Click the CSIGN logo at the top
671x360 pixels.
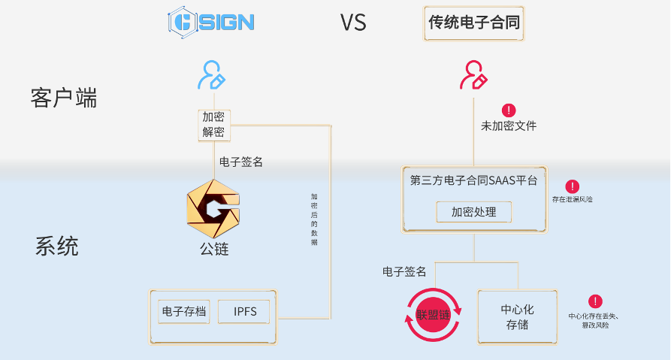pos(211,22)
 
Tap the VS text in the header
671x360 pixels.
pos(353,23)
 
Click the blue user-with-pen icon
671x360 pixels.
pos(211,75)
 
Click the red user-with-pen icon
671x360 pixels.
pos(473,75)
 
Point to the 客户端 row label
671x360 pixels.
pos(65,98)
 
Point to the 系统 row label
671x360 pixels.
pos(57,247)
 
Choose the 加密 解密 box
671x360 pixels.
pos(213,125)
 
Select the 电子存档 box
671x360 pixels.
pos(184,311)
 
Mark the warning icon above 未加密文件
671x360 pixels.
pos(509,110)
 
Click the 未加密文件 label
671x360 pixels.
pos(509,126)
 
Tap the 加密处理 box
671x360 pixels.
pos(474,212)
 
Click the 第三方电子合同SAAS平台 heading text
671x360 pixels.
pos(474,181)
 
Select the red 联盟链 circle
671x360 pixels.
pos(433,316)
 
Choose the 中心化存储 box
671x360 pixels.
pos(518,316)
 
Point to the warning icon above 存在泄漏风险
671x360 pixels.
pos(573,186)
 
